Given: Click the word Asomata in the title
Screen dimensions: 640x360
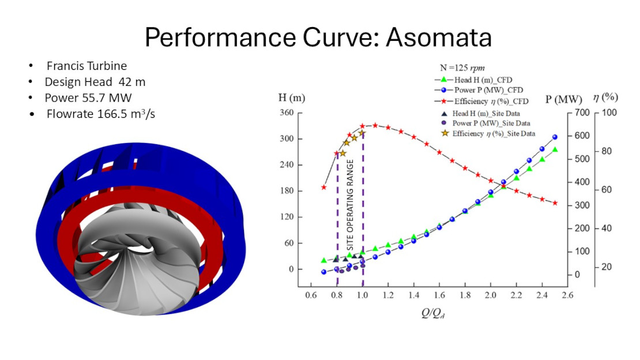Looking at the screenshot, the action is coord(439,37).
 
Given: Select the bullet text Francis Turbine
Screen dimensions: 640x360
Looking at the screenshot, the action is coord(86,66).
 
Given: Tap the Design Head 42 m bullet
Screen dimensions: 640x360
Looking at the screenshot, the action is coord(95,82).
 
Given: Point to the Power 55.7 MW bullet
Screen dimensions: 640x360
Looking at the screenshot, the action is coord(88,98).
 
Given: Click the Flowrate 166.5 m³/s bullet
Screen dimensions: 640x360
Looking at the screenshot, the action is coord(101,114).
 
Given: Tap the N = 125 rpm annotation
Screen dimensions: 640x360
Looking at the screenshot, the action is coord(462,68).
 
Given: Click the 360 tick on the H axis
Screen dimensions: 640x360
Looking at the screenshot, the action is coord(287,112).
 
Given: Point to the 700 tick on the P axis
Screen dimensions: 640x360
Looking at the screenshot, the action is coord(582,112).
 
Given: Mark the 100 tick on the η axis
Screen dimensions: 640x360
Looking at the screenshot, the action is coord(609,112).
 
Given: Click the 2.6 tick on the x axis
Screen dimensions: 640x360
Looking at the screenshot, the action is coord(567,295).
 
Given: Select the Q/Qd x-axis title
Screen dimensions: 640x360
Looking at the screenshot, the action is coord(433,313).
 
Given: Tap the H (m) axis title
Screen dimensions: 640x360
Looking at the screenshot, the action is coord(292,97).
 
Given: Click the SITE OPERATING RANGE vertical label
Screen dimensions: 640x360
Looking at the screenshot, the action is coord(350,205).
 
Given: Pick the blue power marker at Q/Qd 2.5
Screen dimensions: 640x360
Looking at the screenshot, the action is coord(555,137).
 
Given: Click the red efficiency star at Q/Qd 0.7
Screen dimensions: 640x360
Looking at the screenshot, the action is coord(324,187).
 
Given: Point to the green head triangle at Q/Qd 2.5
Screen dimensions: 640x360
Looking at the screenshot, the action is coord(555,149).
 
